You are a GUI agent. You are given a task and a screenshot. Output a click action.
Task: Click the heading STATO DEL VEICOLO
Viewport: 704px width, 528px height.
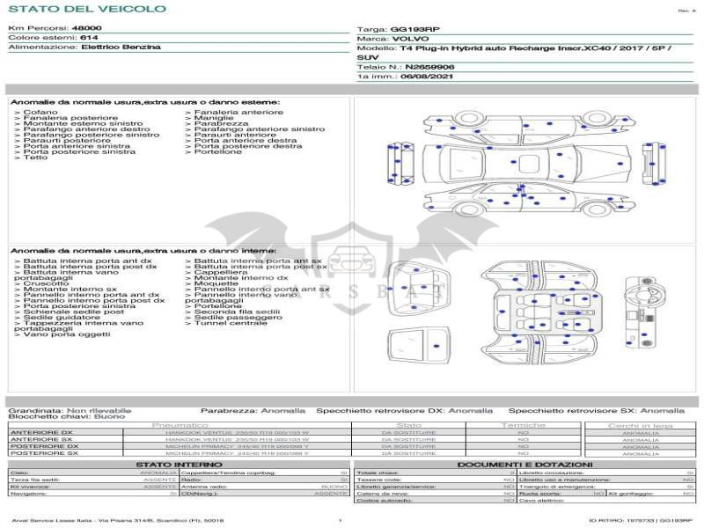pos(86,10)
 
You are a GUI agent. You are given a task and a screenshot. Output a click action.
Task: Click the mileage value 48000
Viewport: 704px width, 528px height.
pos(86,29)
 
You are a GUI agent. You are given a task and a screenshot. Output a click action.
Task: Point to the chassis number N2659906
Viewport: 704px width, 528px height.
pos(429,67)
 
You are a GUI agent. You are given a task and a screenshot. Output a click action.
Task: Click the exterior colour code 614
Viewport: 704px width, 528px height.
pos(89,38)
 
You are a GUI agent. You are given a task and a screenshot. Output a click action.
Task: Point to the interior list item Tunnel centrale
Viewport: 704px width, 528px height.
pos(231,323)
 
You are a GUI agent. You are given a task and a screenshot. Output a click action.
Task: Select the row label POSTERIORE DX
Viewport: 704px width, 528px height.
pos(44,446)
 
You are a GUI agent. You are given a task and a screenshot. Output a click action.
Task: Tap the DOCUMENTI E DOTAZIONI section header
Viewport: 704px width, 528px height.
pos(524,464)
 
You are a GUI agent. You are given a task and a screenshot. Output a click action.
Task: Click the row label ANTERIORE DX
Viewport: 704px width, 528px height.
pos(41,432)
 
